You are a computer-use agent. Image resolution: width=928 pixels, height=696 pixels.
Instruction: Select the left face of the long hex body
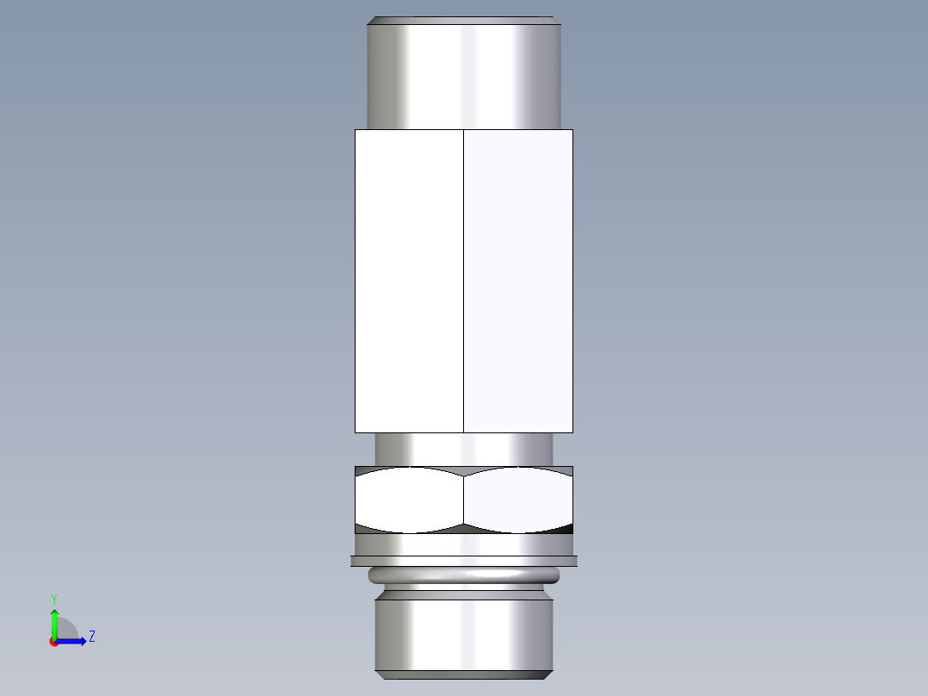[409, 280]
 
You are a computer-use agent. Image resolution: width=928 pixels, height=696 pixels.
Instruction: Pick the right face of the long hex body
[518, 280]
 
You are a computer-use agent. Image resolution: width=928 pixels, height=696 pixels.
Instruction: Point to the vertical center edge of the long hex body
[463, 280]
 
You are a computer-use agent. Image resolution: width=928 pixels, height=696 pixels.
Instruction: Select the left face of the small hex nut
[409, 500]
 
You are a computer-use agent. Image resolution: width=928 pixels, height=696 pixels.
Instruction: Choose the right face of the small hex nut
[518, 500]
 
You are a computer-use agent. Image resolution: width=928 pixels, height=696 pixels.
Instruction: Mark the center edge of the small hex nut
[463, 500]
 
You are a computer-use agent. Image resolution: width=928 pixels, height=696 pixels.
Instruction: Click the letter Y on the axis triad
[53, 598]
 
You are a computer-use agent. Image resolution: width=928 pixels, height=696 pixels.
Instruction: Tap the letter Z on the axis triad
[91, 637]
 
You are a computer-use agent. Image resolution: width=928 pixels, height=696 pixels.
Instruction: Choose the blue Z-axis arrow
[72, 641]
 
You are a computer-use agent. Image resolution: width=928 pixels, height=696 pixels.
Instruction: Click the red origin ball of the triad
[53, 642]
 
